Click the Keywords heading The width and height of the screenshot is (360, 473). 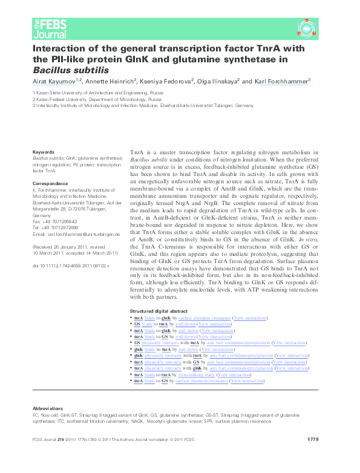(x=43, y=152)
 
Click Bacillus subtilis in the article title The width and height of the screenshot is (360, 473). (x=70, y=69)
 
